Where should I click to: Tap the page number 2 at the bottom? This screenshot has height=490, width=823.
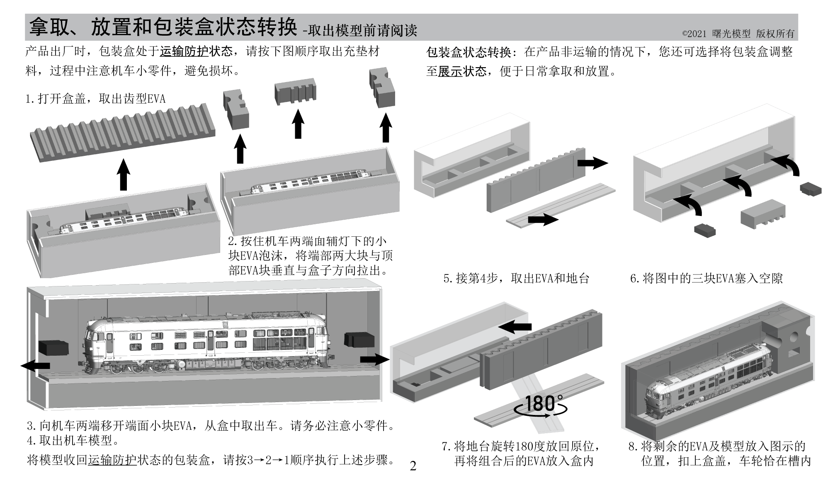413,466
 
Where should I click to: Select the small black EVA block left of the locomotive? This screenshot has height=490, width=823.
54,347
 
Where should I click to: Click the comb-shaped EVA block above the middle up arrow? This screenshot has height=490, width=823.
295,92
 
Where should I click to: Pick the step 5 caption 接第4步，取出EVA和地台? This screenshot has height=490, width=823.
516,278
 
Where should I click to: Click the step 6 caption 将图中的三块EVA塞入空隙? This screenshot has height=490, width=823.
706,278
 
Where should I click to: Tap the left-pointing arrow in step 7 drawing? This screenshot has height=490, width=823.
515,327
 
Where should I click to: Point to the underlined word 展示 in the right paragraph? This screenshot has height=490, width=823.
450,71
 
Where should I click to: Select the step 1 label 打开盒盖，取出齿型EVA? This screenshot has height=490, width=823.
95,99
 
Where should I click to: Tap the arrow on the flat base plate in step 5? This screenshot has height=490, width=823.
543,219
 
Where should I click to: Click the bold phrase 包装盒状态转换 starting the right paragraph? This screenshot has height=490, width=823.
469,52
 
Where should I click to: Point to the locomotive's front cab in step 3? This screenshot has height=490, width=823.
98,344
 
